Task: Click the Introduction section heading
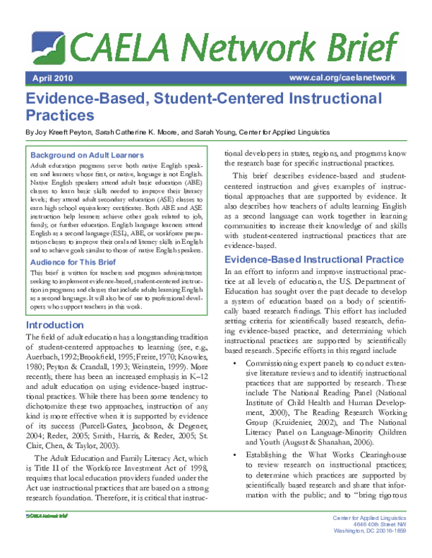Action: pyautogui.click(x=54, y=325)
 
